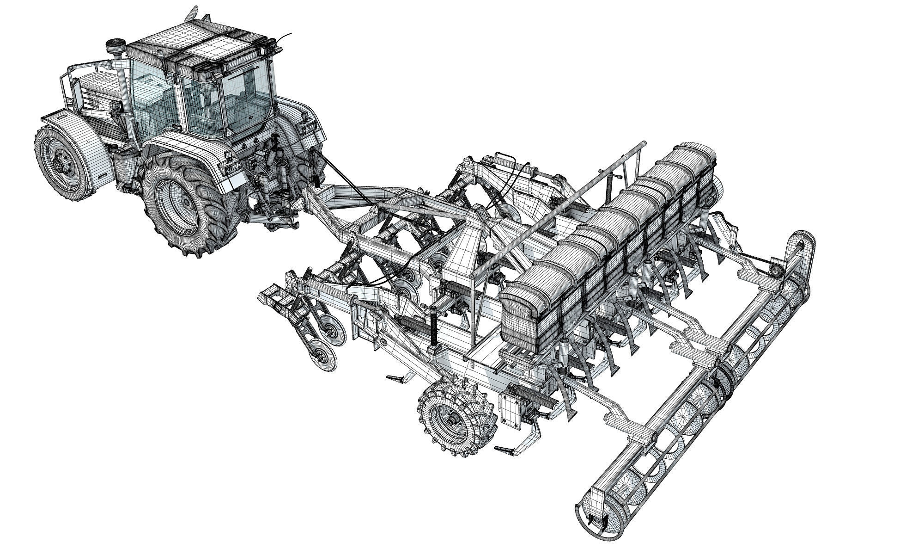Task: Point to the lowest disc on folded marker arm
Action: coord(323,357)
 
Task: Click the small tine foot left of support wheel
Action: coord(397,379)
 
